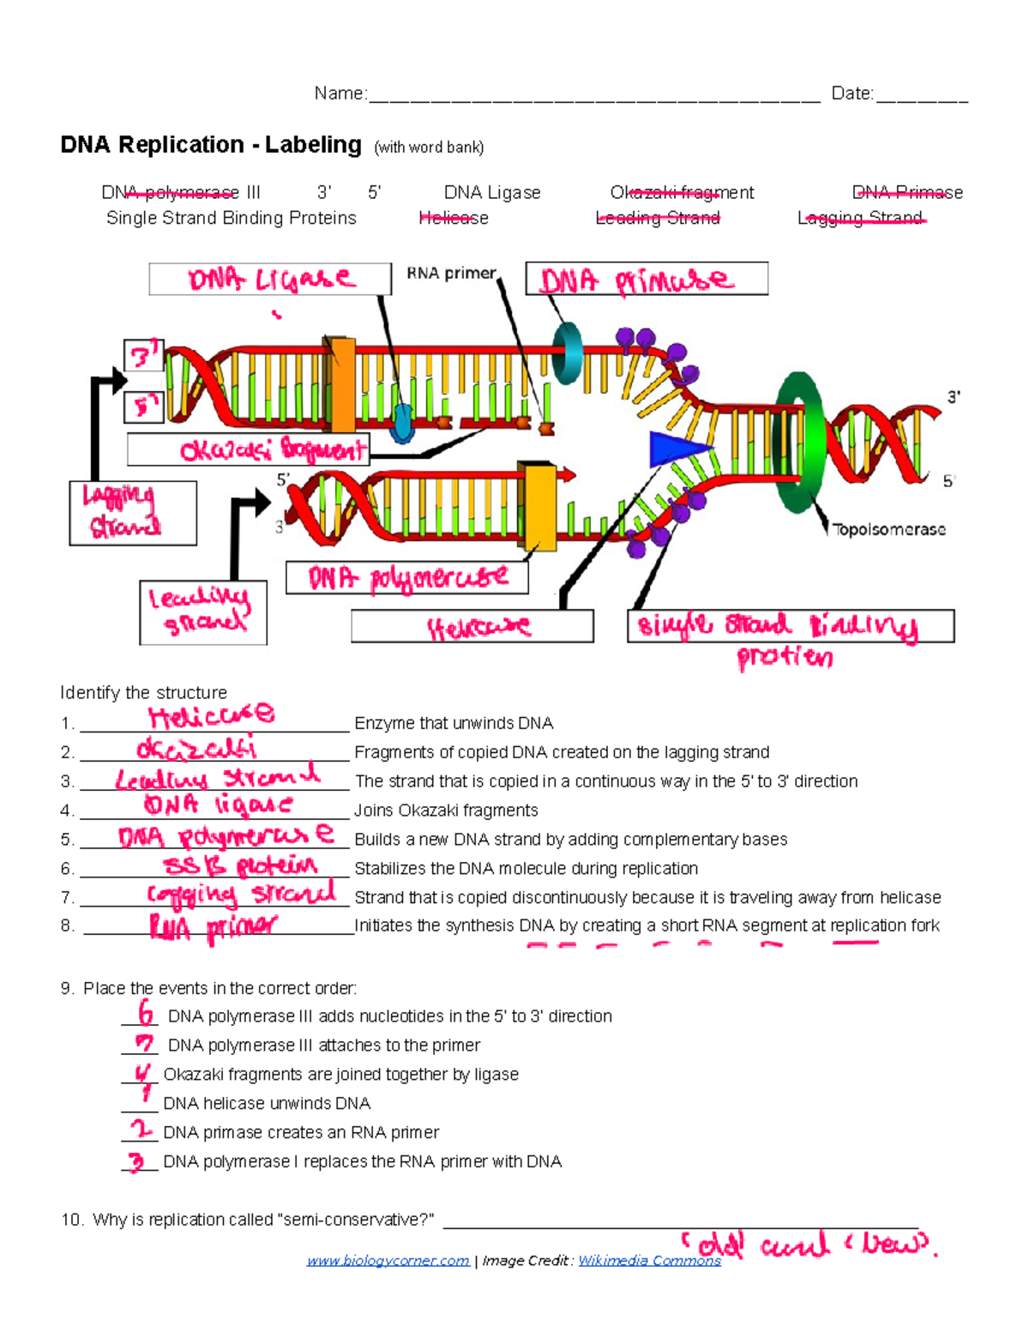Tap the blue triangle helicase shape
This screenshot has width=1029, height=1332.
pyautogui.click(x=677, y=449)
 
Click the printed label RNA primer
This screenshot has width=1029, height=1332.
pyautogui.click(x=451, y=274)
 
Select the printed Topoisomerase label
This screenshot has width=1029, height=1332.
pyautogui.click(x=889, y=529)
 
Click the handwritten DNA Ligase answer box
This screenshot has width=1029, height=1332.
pyautogui.click(x=269, y=280)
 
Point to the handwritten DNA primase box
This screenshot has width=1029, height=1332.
pyautogui.click(x=646, y=280)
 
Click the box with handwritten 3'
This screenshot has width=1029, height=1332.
pyautogui.click(x=143, y=354)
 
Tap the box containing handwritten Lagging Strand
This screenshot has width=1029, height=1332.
pyautogui.click(x=132, y=513)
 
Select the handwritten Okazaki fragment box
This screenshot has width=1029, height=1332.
pyautogui.click(x=249, y=449)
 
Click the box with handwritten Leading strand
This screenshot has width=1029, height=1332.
pyautogui.click(x=202, y=612)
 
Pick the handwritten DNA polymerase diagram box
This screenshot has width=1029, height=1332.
pyautogui.click(x=406, y=578)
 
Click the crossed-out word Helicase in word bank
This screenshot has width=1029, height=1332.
pyautogui.click(x=454, y=218)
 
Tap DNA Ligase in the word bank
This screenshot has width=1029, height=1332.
pyautogui.click(x=492, y=192)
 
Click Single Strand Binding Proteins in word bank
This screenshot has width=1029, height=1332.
pyautogui.click(x=231, y=218)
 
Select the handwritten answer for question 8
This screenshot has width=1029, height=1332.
pyautogui.click(x=214, y=927)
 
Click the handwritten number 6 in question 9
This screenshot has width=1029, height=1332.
pyautogui.click(x=146, y=1014)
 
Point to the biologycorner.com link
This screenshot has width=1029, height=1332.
pyautogui.click(x=388, y=1260)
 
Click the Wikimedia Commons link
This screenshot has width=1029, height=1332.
pyautogui.click(x=649, y=1260)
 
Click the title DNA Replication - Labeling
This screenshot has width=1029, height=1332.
pyautogui.click(x=211, y=144)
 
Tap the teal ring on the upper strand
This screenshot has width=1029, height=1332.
pyautogui.click(x=567, y=353)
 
